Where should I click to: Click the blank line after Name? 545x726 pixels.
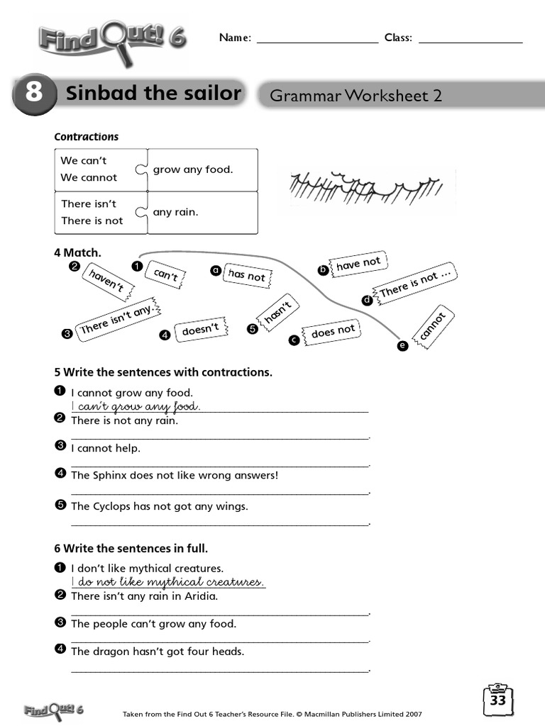[x=317, y=40]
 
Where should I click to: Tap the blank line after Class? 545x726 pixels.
[x=470, y=40]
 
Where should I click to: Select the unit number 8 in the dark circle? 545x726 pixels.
[x=33, y=94]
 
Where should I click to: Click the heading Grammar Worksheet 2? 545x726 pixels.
[x=356, y=96]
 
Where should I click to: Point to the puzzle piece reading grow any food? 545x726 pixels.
[x=202, y=169]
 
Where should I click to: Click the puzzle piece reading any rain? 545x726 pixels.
[x=202, y=212]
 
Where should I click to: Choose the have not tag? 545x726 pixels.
[x=358, y=264]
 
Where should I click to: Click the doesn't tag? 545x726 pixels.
[x=201, y=330]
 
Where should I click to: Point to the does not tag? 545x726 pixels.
[x=332, y=331]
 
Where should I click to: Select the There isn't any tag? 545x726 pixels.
[x=117, y=319]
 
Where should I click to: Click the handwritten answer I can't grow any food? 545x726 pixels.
[x=136, y=406]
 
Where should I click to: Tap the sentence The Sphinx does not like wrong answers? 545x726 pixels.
[x=175, y=475]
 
